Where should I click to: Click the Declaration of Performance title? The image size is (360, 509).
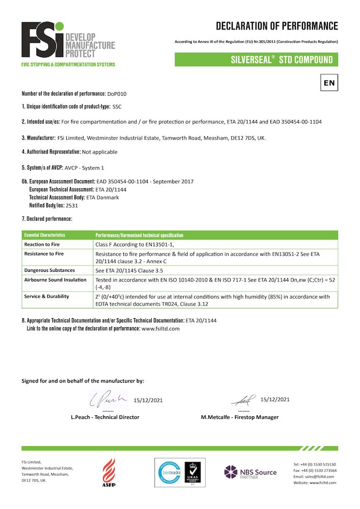[x=276, y=26]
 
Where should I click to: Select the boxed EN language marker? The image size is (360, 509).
[x=329, y=82]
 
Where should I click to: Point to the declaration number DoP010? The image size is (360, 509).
[x=117, y=94]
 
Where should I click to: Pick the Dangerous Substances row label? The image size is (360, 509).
[x=49, y=270]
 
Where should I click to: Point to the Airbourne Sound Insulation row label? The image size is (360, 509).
[x=56, y=280]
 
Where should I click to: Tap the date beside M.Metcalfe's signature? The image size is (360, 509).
[x=274, y=400]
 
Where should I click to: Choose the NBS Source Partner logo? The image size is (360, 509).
[x=251, y=472]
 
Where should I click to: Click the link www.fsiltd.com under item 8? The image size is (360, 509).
[x=160, y=329]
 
